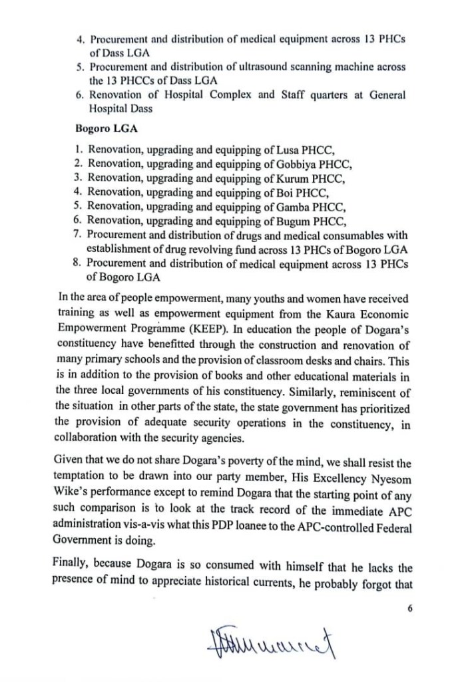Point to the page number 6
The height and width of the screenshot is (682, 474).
coord(410,608)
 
